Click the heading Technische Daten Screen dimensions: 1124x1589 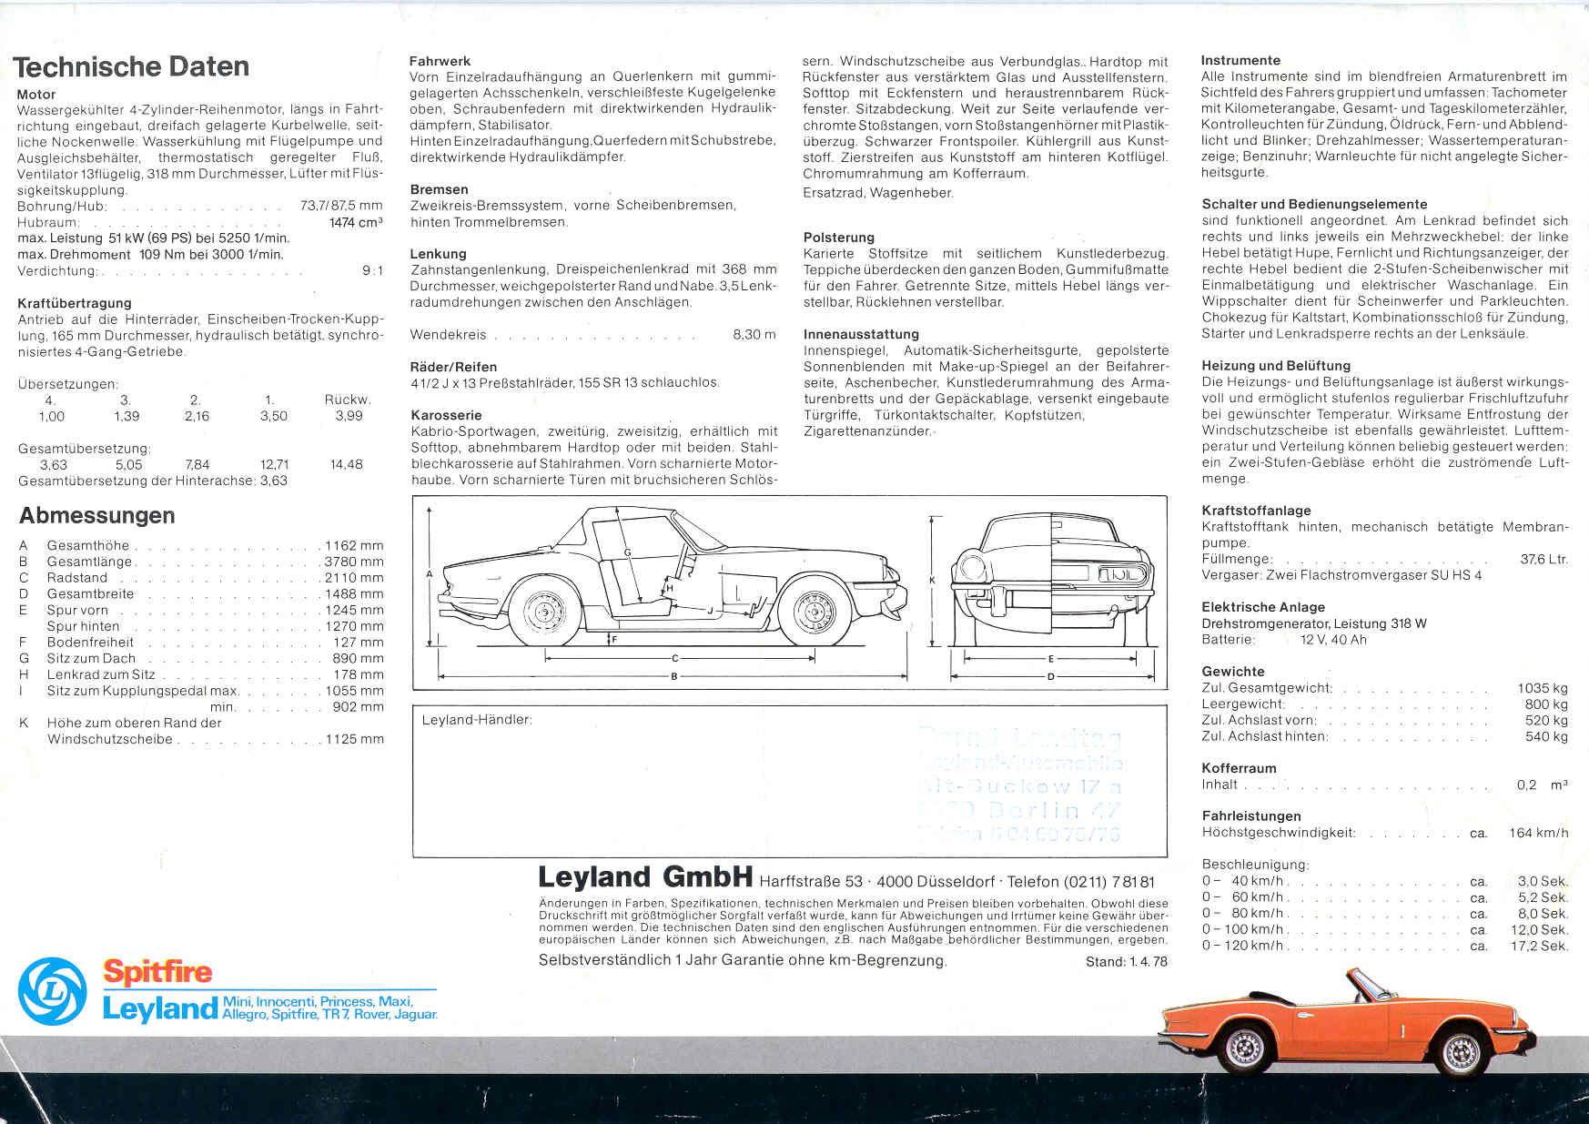pos(131,66)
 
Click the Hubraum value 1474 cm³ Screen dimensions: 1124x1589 pos(355,222)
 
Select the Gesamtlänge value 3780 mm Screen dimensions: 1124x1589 pos(354,562)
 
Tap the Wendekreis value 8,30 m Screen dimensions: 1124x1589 pos(754,335)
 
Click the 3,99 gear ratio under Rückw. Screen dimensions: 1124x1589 pos(349,416)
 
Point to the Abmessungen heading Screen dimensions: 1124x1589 pos(97,515)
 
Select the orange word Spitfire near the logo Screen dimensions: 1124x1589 pos(157,972)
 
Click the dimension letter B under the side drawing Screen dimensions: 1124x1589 pos(673,676)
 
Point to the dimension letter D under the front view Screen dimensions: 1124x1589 pos(1051,676)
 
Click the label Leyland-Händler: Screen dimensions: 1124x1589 pos(477,720)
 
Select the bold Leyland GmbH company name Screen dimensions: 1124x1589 pos(644,877)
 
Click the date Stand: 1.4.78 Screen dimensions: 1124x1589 pos(1126,961)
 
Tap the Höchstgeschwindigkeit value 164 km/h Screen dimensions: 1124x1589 pos(1538,833)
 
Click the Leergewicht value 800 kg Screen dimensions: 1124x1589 pos(1546,704)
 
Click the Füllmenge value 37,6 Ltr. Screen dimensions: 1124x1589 pos(1543,559)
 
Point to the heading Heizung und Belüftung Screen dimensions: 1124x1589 pos(1276,366)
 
